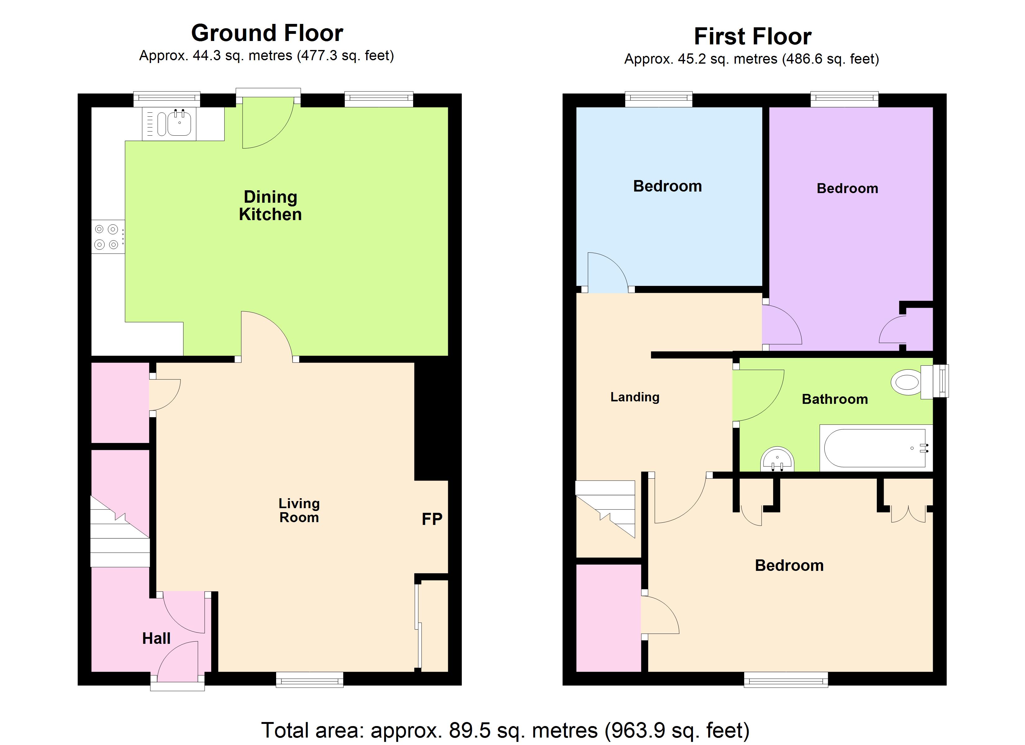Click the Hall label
156,639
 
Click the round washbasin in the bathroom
777,459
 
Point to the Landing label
635,397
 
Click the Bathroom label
835,400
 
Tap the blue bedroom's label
667,186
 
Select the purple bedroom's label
847,188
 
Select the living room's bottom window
310,680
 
